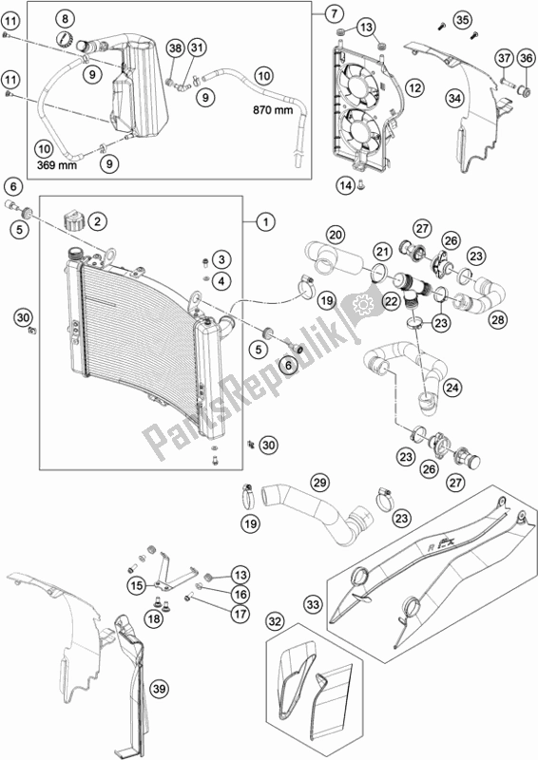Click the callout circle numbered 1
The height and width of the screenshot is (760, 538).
point(265,222)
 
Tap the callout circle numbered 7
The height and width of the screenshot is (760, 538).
point(334,13)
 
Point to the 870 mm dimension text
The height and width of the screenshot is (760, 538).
point(273,110)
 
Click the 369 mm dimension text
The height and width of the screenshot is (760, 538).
point(57,165)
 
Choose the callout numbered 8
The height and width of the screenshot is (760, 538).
point(65,19)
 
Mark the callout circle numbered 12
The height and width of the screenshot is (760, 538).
point(414,88)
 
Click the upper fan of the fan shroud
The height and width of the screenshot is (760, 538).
point(360,84)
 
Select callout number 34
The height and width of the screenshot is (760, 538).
point(454,99)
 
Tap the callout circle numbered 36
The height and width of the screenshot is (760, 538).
point(526,58)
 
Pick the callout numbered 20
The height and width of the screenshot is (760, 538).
point(336,235)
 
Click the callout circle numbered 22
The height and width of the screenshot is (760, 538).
point(391,301)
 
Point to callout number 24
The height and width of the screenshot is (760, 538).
point(452,388)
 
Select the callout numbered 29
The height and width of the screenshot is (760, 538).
point(320,483)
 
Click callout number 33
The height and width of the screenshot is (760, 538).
point(314,604)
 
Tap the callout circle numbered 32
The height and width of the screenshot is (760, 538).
point(275,622)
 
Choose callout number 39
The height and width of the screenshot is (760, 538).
point(157,688)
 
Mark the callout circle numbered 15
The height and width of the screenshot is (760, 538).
point(137,586)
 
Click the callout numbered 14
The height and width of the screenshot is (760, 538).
point(346,185)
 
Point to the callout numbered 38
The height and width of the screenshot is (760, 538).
point(175,48)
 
